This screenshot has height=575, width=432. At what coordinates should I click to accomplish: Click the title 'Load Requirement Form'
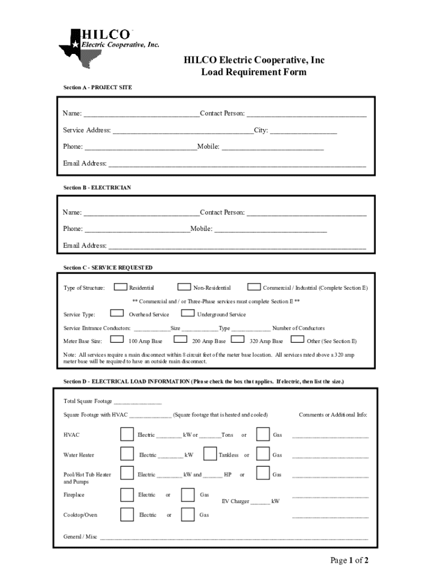(254, 72)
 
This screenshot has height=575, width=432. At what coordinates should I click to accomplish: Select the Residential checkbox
(120, 287)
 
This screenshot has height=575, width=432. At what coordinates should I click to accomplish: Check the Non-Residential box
(183, 287)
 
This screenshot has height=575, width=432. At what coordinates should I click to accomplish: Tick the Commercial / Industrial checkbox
(254, 287)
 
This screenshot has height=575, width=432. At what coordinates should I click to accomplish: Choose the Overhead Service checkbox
(117, 313)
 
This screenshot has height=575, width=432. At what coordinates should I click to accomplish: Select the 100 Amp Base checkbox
(117, 340)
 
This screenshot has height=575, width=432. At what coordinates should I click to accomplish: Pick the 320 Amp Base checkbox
(238, 340)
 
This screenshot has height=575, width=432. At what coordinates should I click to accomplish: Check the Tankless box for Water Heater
(210, 454)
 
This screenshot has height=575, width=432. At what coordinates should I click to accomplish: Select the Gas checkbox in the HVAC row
(263, 434)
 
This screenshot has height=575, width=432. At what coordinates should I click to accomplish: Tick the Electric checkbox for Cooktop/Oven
(127, 514)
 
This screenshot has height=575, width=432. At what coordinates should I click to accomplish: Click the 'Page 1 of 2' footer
(349, 560)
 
